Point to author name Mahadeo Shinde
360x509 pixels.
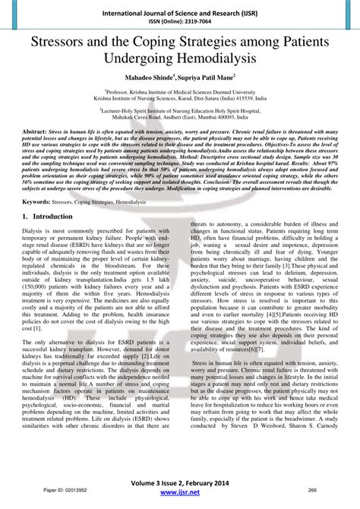pyautogui.click(x=144, y=78)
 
